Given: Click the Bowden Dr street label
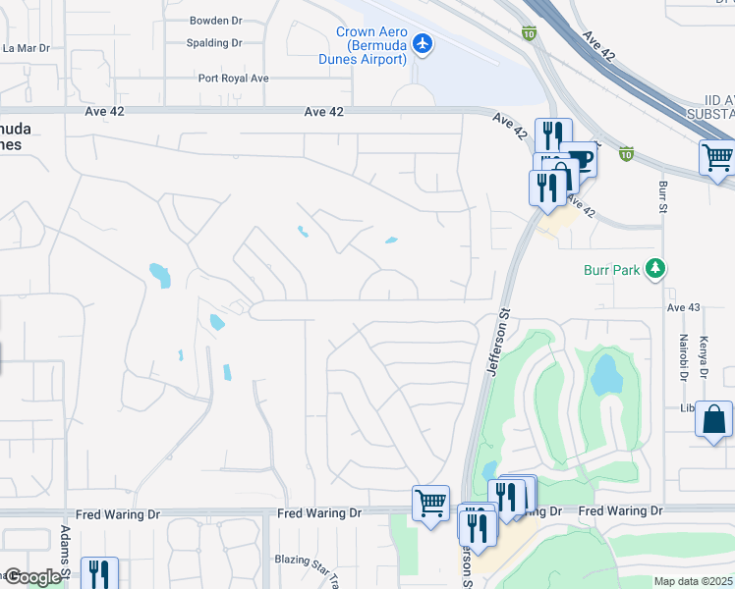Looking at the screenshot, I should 215,20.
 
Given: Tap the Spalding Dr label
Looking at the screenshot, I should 215,43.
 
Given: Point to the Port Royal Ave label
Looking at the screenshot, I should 233,79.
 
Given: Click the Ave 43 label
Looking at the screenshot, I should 684,308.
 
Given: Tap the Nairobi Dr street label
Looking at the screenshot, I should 683,355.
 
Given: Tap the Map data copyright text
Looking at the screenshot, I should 694,581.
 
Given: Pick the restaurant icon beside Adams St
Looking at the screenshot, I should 99,572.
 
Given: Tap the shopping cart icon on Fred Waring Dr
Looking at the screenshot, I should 430,503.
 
